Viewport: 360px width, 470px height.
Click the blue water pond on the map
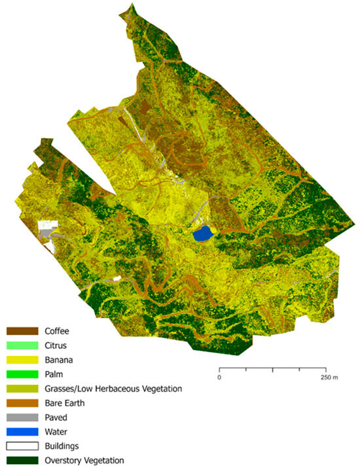(x=204, y=232)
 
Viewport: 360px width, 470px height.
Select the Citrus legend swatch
(x=22, y=344)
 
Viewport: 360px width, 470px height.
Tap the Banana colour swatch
(x=22, y=359)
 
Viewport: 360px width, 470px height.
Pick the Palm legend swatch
(x=22, y=374)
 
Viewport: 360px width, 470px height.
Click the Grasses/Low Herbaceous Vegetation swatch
(x=22, y=389)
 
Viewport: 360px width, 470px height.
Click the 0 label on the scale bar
(x=219, y=378)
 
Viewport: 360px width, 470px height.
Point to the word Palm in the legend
(x=55, y=374)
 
